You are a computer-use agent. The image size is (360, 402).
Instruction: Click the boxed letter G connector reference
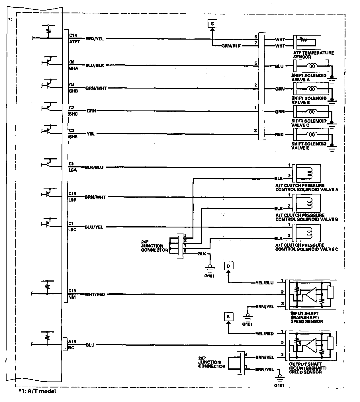[x=212, y=23]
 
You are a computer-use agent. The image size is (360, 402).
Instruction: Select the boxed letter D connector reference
[x=228, y=266]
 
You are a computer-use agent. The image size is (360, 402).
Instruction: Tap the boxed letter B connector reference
[x=228, y=317]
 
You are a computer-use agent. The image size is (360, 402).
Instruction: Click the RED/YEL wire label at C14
[x=95, y=38]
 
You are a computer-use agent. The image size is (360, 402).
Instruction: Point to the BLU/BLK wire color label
[x=95, y=65]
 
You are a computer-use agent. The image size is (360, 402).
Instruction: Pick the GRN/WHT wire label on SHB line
[x=96, y=88]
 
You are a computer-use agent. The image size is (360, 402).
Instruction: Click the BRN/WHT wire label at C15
[x=95, y=197]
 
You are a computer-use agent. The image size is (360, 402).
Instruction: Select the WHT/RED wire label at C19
[x=95, y=294]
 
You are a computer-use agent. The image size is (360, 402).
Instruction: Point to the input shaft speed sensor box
[x=312, y=295]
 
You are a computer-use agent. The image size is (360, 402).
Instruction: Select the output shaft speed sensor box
[x=312, y=345]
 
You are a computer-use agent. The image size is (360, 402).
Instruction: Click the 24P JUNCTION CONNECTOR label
[x=154, y=246]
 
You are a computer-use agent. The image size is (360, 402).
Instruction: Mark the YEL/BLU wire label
[x=264, y=283]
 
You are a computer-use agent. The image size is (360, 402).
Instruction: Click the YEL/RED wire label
[x=264, y=334]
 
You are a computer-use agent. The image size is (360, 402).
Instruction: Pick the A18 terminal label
[x=72, y=342]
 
